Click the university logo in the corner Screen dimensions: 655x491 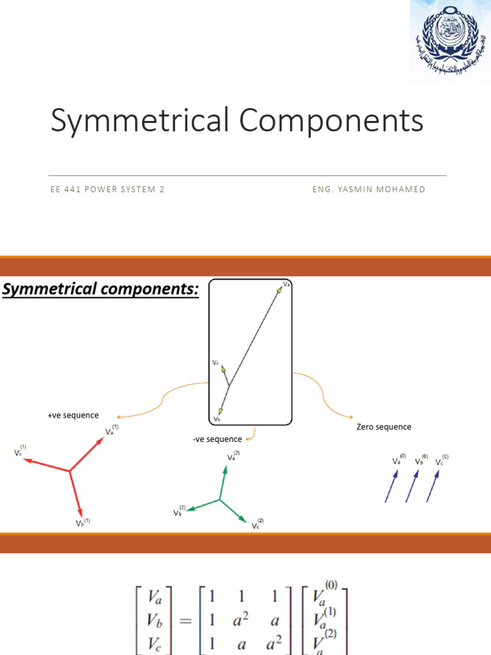[450, 40]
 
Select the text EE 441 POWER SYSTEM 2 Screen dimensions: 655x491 [107, 189]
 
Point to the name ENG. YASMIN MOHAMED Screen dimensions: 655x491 [369, 189]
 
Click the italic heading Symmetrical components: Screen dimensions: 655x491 [101, 290]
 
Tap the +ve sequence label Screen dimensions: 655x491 [73, 416]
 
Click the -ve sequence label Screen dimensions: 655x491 [217, 439]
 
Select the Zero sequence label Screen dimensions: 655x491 [384, 427]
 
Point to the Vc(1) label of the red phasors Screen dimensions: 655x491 [20, 451]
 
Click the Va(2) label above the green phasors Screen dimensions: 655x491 [233, 457]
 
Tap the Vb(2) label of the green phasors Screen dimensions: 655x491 [179, 512]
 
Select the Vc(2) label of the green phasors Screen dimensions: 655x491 [257, 525]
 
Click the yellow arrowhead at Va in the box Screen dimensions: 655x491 [279, 289]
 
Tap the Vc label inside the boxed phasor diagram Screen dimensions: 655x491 [215, 363]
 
